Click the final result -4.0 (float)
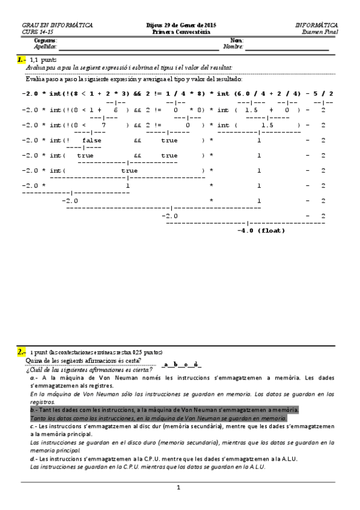click(x=261, y=230)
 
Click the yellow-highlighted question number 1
click(x=22, y=60)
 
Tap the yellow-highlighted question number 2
click(x=22, y=352)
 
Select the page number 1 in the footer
click(x=178, y=488)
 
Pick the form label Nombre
click(x=233, y=46)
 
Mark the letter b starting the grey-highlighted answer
click(x=32, y=409)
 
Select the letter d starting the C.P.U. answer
click(x=32, y=458)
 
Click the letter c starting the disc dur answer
click(x=32, y=425)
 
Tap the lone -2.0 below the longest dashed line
click(x=171, y=215)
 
